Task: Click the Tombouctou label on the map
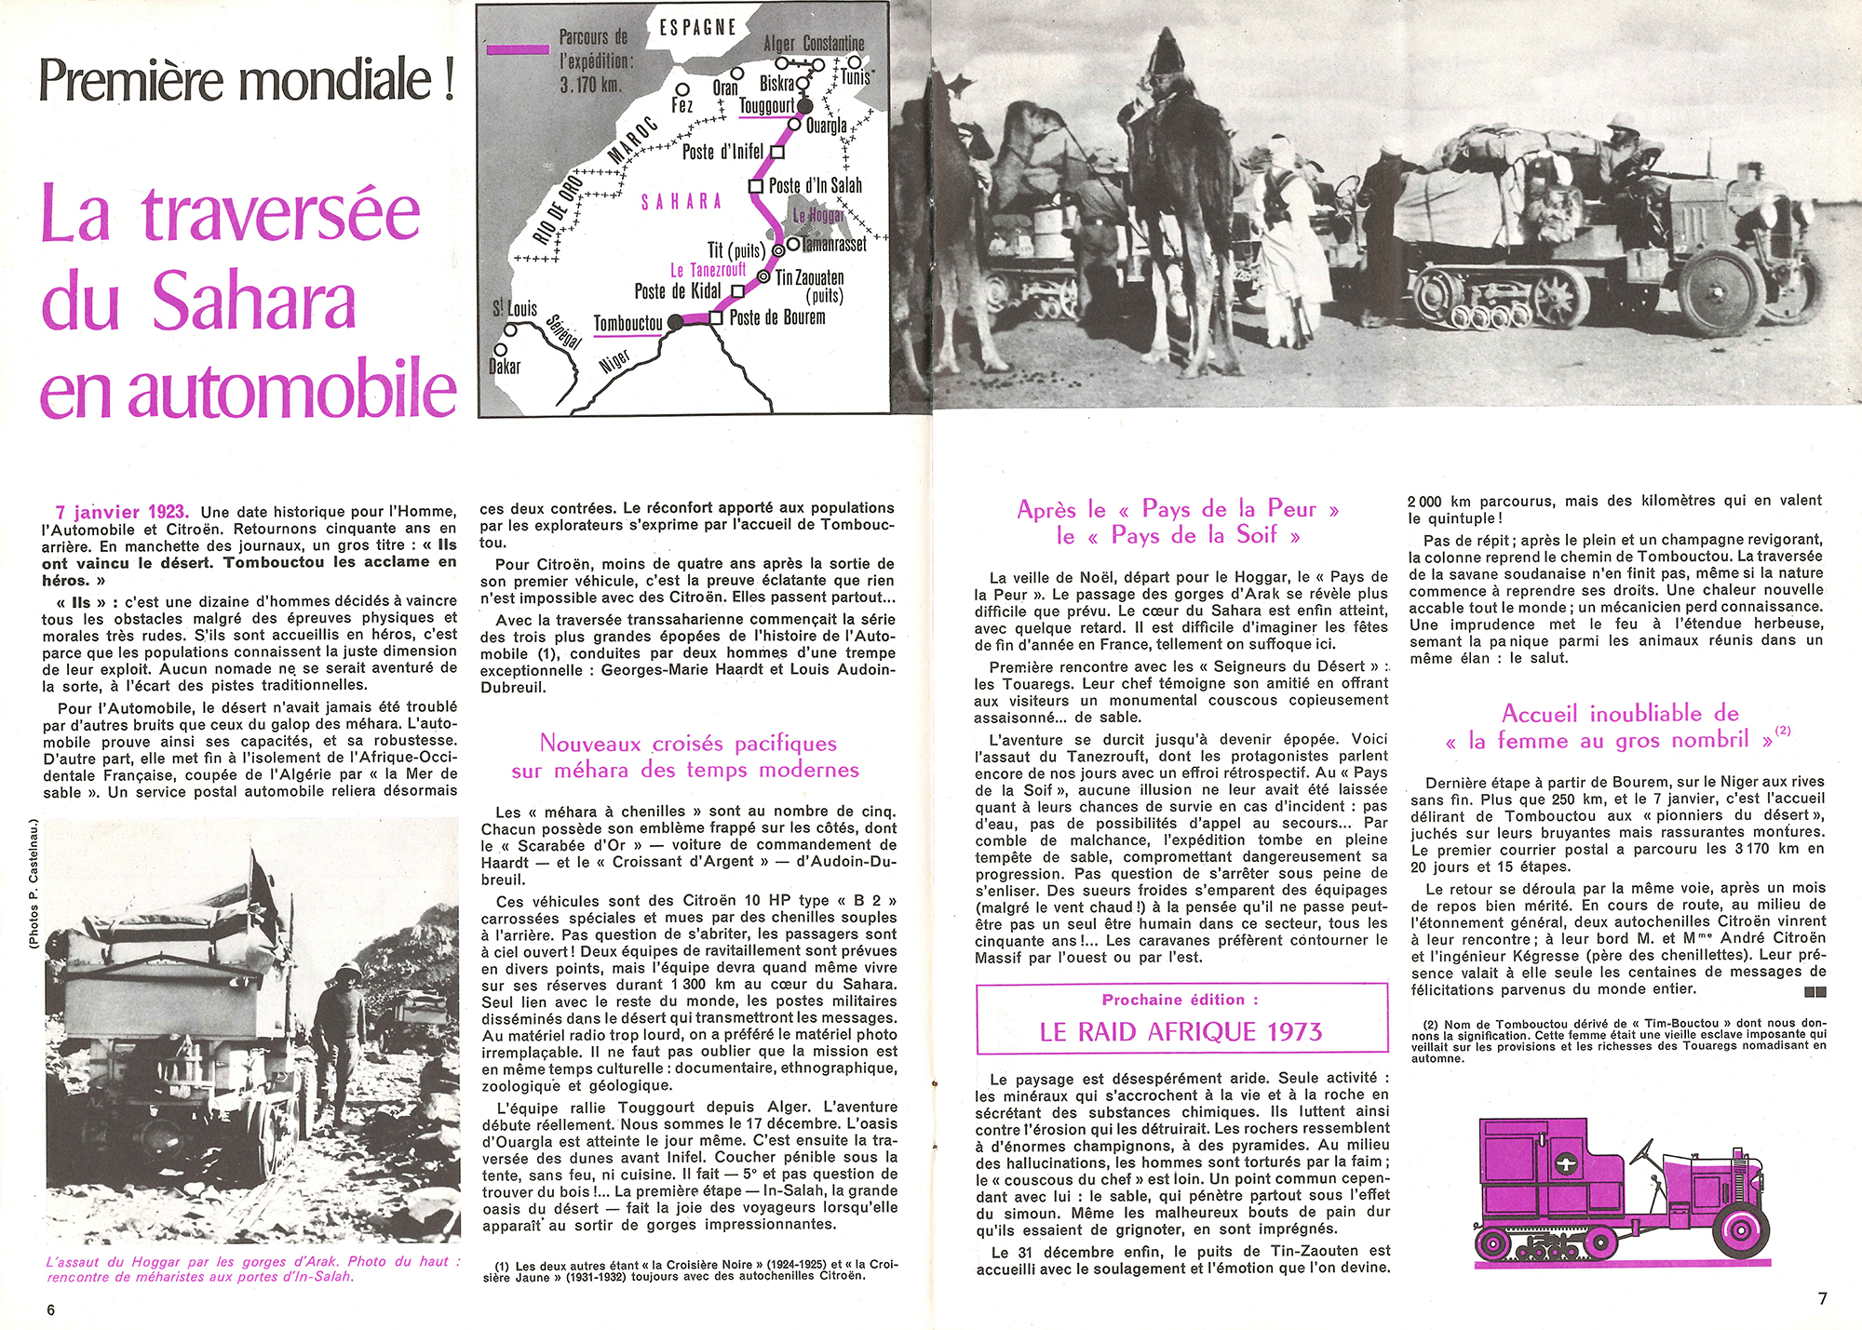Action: click(x=627, y=324)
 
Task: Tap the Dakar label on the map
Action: click(x=505, y=367)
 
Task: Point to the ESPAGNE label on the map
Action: click(x=697, y=27)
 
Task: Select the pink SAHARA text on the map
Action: click(x=681, y=202)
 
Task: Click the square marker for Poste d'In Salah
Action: click(x=756, y=186)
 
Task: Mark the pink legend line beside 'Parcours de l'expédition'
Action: click(x=518, y=48)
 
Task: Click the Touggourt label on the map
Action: click(x=766, y=106)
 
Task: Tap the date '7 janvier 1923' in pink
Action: click(x=122, y=512)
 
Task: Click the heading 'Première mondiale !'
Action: click(x=247, y=80)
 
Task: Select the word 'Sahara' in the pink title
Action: click(x=253, y=302)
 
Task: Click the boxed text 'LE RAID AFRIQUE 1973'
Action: click(x=1181, y=1032)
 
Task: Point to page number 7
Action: click(x=1822, y=1298)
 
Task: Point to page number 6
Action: click(x=51, y=1310)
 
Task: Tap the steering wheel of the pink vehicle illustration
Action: click(x=1643, y=1155)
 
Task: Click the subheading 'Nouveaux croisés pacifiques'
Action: click(x=688, y=743)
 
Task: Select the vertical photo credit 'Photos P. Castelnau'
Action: click(x=34, y=883)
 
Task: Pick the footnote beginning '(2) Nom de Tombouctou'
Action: click(x=1618, y=1040)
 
